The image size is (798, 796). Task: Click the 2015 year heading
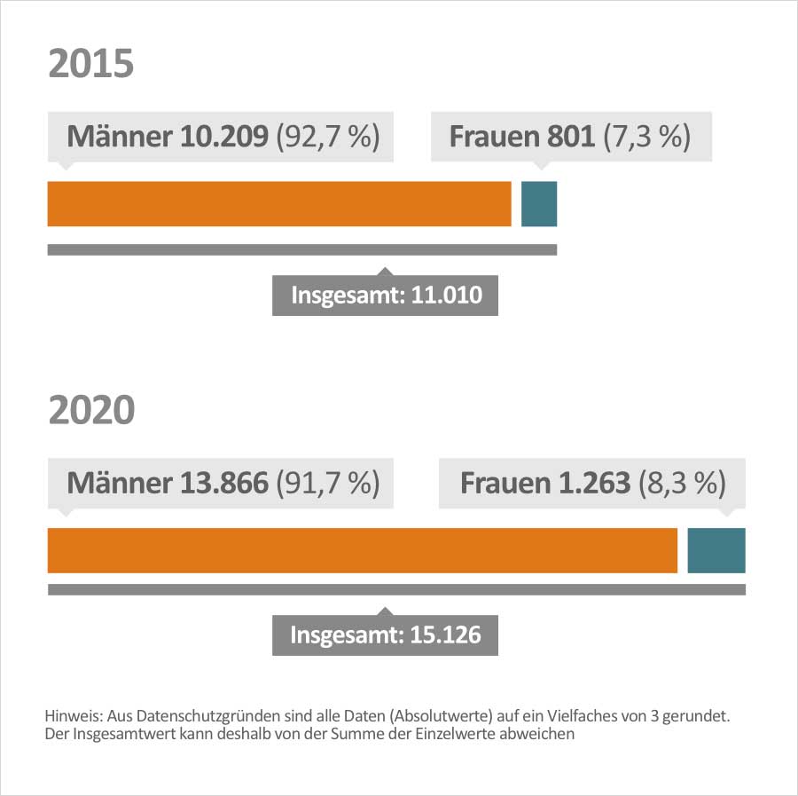click(x=90, y=65)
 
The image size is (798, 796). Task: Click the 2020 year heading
click(x=91, y=410)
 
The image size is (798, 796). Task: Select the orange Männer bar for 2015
click(x=279, y=204)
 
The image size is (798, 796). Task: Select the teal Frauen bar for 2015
click(x=538, y=204)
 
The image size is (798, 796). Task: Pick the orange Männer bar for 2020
click(x=362, y=550)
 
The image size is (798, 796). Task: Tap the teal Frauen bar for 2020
click(x=716, y=550)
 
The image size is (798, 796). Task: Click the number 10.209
click(x=225, y=137)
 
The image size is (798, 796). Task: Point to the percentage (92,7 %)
click(x=328, y=137)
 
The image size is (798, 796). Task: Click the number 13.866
click(x=225, y=483)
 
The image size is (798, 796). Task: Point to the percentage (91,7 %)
click(x=328, y=483)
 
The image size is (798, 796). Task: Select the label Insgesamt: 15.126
click(x=386, y=635)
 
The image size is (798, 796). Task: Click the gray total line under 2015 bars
click(x=301, y=249)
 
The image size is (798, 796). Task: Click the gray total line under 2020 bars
click(x=396, y=589)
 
